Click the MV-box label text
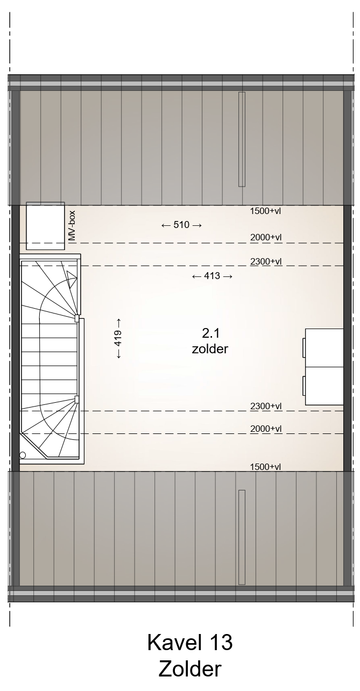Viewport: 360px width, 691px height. tap(72, 225)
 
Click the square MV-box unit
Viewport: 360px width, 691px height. tap(45, 226)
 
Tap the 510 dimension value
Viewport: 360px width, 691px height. tap(181, 225)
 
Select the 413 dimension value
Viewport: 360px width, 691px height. tap(212, 276)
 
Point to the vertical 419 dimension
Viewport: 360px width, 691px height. tap(118, 338)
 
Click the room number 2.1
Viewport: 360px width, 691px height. tap(210, 333)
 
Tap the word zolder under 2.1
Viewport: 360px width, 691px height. tap(210, 349)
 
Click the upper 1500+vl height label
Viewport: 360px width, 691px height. tap(265, 211)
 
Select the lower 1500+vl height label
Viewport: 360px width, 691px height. tap(265, 467)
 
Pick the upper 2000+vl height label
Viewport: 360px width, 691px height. tap(266, 237)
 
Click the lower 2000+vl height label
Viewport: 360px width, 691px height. tap(266, 429)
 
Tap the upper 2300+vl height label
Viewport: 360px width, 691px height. tap(266, 261)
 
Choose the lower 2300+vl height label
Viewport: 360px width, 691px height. tap(266, 406)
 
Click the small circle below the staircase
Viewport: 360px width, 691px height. tap(23, 455)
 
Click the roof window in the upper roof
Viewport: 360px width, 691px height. tap(242, 139)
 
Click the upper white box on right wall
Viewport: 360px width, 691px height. tap(324, 348)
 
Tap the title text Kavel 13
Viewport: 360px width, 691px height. tap(190, 642)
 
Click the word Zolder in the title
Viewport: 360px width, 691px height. tap(190, 668)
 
